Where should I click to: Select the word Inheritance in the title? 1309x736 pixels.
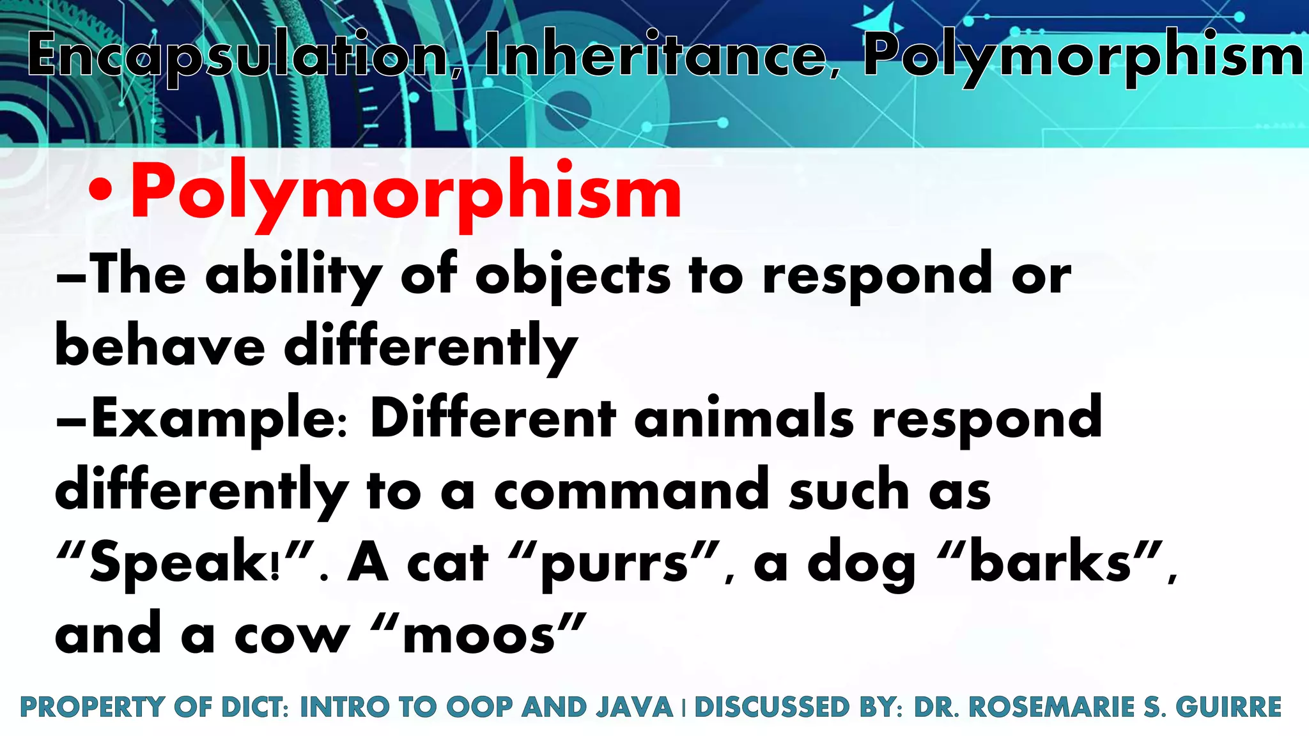pyautogui.click(x=655, y=55)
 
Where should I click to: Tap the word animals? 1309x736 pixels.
pyautogui.click(x=744, y=418)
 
